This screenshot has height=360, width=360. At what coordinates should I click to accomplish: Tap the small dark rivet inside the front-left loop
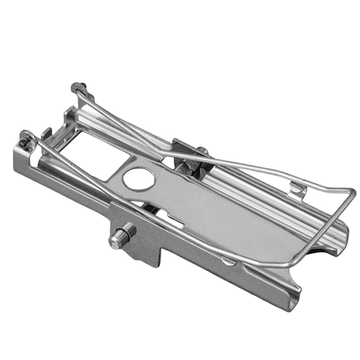(x=25, y=141)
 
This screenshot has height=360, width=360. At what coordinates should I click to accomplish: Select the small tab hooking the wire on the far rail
(x=296, y=185)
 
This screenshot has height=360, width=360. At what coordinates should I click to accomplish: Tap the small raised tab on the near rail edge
(x=228, y=260)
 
